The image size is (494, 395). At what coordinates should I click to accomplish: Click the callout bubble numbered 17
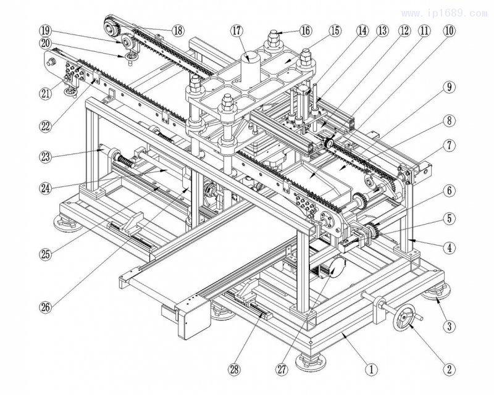[237, 30]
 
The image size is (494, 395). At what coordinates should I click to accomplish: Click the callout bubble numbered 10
[449, 30]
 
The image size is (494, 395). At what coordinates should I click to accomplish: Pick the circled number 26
[46, 304]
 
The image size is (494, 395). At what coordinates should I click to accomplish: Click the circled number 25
[46, 253]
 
